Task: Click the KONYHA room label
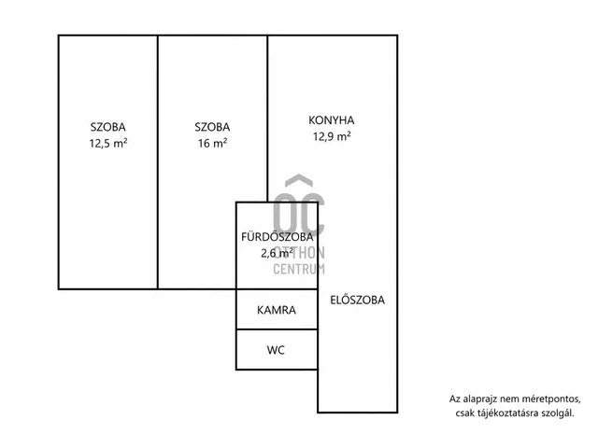(x=332, y=120)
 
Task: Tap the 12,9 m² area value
(x=332, y=136)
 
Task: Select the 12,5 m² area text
(x=108, y=143)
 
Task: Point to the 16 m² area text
(x=212, y=143)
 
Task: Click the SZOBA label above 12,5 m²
(x=108, y=127)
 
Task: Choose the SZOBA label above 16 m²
(x=212, y=127)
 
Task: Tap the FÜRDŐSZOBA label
(x=278, y=236)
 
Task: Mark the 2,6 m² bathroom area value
(x=277, y=253)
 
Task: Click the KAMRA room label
(x=277, y=310)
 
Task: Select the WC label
(x=276, y=350)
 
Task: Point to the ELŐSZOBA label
(x=357, y=300)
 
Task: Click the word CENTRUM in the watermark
(x=299, y=269)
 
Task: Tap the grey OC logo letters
(x=299, y=215)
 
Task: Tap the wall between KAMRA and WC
(x=277, y=329)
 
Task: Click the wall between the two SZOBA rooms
(x=158, y=162)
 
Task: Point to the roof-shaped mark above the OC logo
(x=299, y=180)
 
